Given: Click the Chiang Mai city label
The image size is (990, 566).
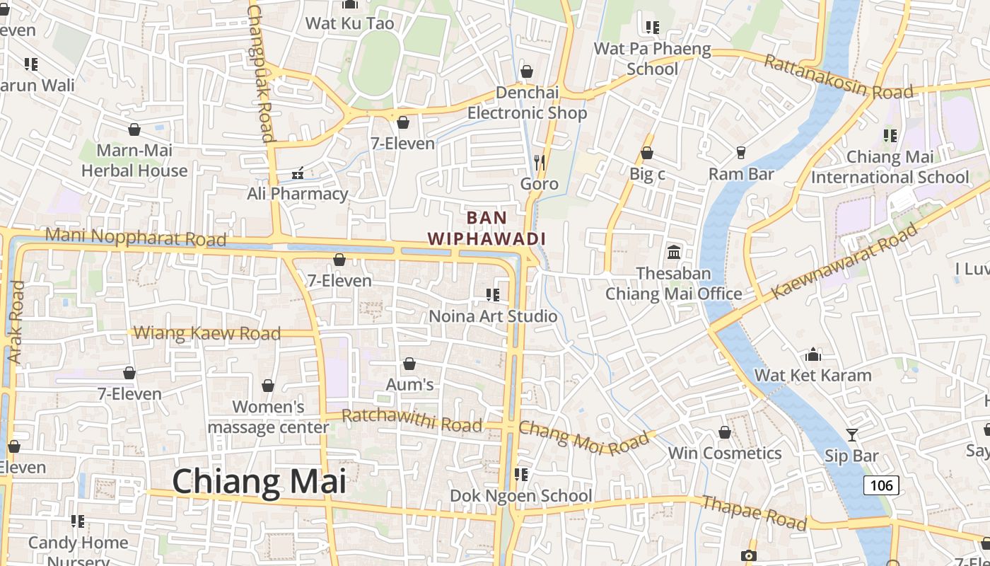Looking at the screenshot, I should click(259, 482).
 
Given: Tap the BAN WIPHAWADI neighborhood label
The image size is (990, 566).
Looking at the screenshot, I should click(487, 228).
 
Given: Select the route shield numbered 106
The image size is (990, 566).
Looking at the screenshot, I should click(881, 485).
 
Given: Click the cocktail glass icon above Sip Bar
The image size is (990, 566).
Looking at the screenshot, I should click(852, 434).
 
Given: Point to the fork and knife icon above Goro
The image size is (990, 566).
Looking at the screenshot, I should click(540, 163).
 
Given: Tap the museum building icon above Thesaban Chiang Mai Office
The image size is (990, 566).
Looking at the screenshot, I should click(673, 251).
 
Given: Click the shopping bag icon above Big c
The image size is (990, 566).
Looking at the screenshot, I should click(646, 153).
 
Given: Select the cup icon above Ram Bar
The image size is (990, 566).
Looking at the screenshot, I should click(741, 152).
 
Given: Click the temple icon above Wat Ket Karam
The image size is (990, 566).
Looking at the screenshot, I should click(813, 354).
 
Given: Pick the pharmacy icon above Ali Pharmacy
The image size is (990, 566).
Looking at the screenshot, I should click(298, 172).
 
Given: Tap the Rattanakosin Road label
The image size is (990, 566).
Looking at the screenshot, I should click(839, 78).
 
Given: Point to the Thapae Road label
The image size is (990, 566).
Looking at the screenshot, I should click(754, 513).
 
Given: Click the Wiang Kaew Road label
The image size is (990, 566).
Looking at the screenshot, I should click(207, 333).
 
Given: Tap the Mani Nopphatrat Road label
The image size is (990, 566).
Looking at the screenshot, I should click(136, 237).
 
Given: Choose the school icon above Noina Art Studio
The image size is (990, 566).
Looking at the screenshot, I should click(493, 294).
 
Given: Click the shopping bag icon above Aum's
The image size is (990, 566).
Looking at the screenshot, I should click(409, 364).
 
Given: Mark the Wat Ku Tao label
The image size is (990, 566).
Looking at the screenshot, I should click(349, 23).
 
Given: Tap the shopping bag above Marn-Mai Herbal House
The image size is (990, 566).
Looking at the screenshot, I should click(134, 129).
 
